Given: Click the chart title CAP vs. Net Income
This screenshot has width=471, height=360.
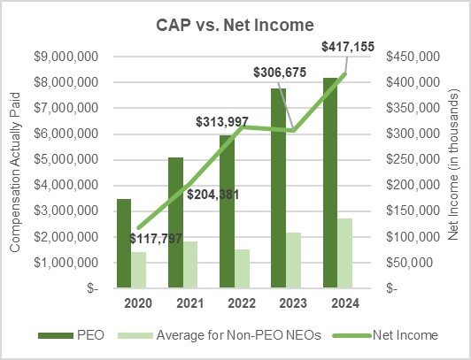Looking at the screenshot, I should pyautogui.click(x=235, y=26).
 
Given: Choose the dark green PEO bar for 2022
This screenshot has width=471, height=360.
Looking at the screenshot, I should pyautogui.click(x=227, y=211).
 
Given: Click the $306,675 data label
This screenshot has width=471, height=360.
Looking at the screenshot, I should pyautogui.click(x=282, y=72).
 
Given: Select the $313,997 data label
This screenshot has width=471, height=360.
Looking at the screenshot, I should pyautogui.click(x=226, y=120).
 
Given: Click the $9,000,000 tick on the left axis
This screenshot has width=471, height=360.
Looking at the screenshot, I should pyautogui.click(x=66, y=56).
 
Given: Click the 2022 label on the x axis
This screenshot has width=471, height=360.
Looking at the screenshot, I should pyautogui.click(x=234, y=303).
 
